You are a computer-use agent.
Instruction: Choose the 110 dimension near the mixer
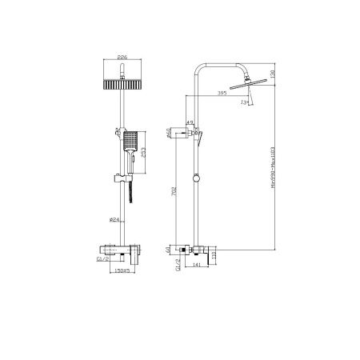tap(216, 255)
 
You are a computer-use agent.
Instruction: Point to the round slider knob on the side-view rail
tap(195, 175)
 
